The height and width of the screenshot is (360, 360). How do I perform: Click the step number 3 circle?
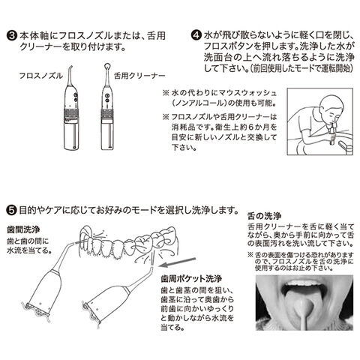(x=11, y=36)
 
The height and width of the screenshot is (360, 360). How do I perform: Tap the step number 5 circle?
(x=11, y=210)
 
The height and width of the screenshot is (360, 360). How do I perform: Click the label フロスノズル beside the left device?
(x=41, y=76)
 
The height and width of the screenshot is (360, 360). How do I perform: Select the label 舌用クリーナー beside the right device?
(x=139, y=76)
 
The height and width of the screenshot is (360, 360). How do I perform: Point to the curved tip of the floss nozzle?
(x=70, y=67)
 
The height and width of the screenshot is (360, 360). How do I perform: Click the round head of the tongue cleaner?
(x=107, y=67)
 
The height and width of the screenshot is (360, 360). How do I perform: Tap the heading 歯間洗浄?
(x=23, y=229)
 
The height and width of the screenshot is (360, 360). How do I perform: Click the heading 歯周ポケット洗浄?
(x=191, y=278)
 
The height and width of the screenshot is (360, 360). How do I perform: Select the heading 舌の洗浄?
(x=264, y=215)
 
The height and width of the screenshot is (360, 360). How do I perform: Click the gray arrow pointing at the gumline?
(x=177, y=262)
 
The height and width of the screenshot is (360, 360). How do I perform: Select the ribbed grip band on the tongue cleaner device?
(x=107, y=114)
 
